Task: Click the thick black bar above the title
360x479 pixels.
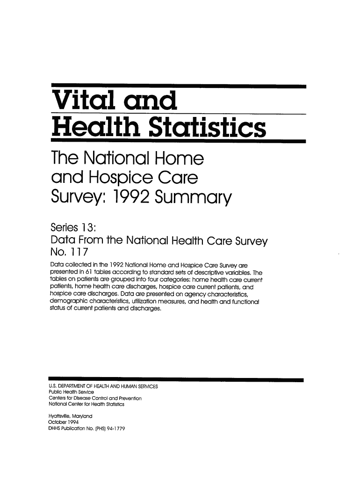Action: coord(178,86)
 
